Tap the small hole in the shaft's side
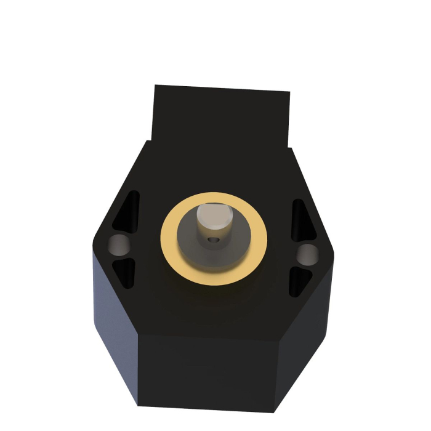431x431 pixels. tap(213, 241)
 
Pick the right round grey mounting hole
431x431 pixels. tap(306, 253)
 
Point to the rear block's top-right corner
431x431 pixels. tap(289, 93)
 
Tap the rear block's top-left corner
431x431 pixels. tap(155, 86)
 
